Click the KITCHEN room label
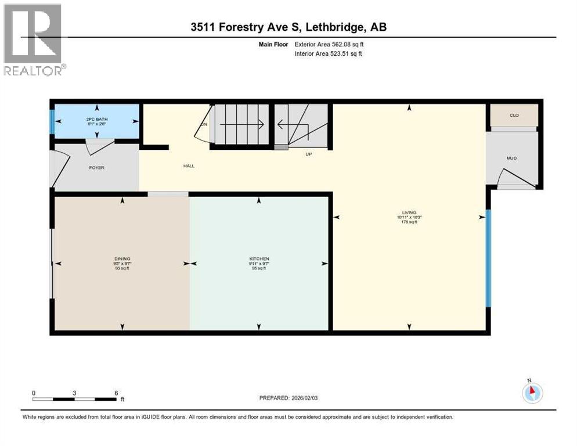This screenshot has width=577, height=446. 259,259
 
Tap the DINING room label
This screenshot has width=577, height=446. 122,259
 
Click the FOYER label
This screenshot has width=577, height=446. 96,167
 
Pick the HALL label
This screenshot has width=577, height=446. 189,166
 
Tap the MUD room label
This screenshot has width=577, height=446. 511,158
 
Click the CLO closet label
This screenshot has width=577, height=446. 514,116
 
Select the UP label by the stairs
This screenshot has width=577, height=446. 309,154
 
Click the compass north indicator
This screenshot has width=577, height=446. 532,392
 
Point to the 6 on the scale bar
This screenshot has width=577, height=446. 116,393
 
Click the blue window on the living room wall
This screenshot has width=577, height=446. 488,258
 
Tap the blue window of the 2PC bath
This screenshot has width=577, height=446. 52,121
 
